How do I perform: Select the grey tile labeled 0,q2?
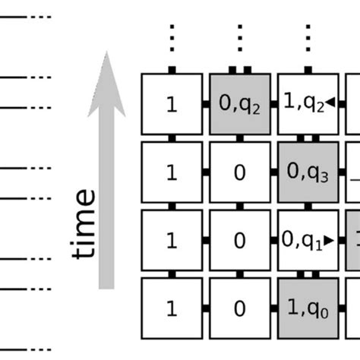239,104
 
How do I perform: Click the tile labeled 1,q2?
308,104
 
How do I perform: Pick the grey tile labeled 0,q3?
308,172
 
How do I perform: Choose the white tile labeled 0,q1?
308,241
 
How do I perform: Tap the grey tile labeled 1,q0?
308,309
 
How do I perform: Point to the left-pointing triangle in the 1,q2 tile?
331,105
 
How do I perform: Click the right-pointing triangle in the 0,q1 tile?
328,241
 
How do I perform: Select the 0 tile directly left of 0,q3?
239,172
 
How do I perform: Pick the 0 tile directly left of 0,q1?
239,241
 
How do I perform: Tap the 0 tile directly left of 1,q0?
239,309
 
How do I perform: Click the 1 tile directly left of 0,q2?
172,104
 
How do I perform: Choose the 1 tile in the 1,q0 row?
172,309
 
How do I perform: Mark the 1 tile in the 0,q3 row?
172,172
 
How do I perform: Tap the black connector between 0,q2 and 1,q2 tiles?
273,104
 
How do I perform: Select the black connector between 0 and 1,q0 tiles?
273,309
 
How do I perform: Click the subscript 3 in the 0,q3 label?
324,178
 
